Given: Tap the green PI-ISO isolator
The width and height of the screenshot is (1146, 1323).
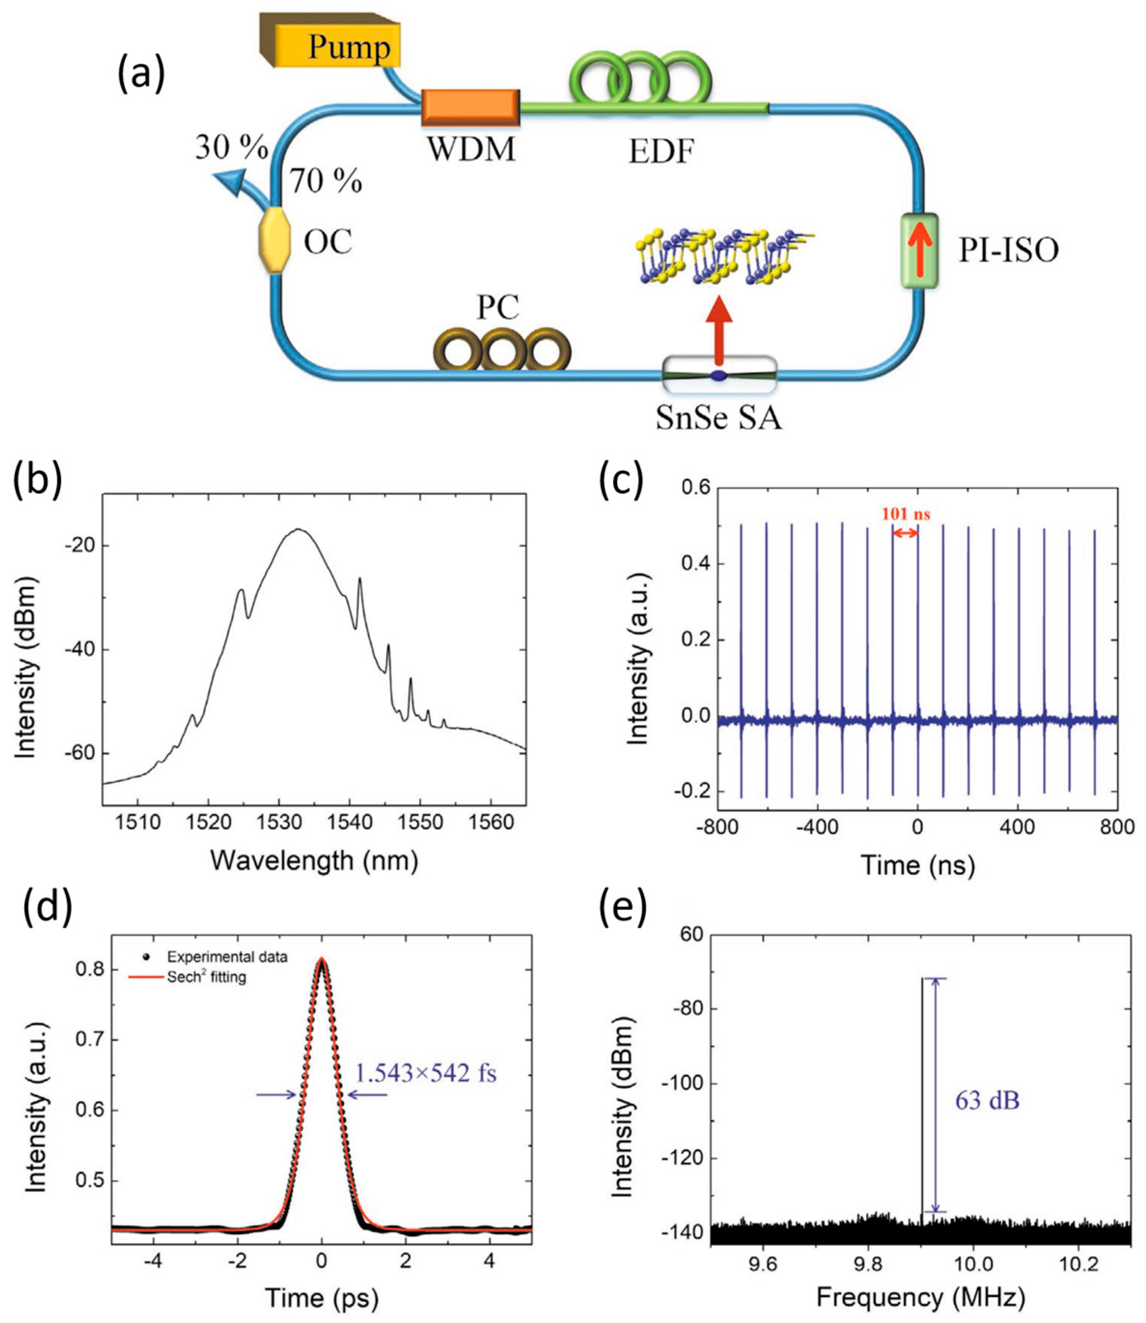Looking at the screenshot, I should [919, 251].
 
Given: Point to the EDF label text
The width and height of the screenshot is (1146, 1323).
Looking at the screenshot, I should [661, 153].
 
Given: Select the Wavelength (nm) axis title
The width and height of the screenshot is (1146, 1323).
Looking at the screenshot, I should [314, 861].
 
